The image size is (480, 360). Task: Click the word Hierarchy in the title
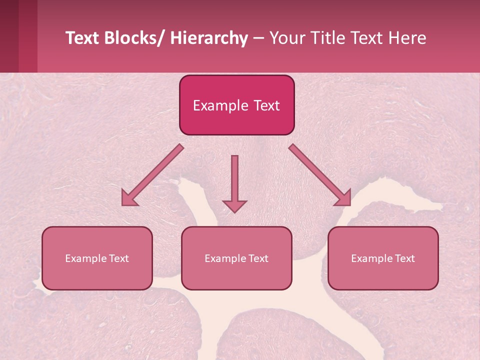pos(209,38)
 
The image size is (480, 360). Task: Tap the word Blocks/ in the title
pos(133,38)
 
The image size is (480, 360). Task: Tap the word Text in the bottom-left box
pos(119,258)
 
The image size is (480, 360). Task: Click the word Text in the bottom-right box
pos(405,258)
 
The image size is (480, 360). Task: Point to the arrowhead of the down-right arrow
pos(344,198)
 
